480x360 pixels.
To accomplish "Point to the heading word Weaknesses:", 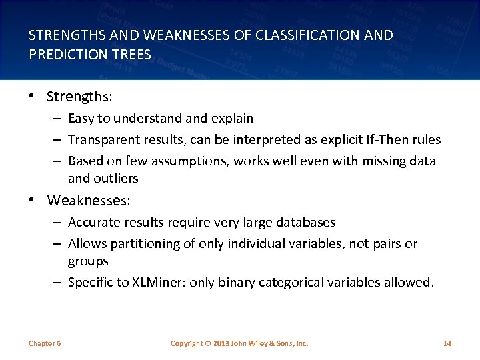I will coord(89,201).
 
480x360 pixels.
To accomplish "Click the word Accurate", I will coord(94,222).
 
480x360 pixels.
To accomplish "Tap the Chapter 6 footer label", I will coord(45,343).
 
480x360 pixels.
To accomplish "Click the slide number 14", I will coord(447,343).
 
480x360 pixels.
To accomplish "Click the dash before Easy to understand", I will coord(59,119).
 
